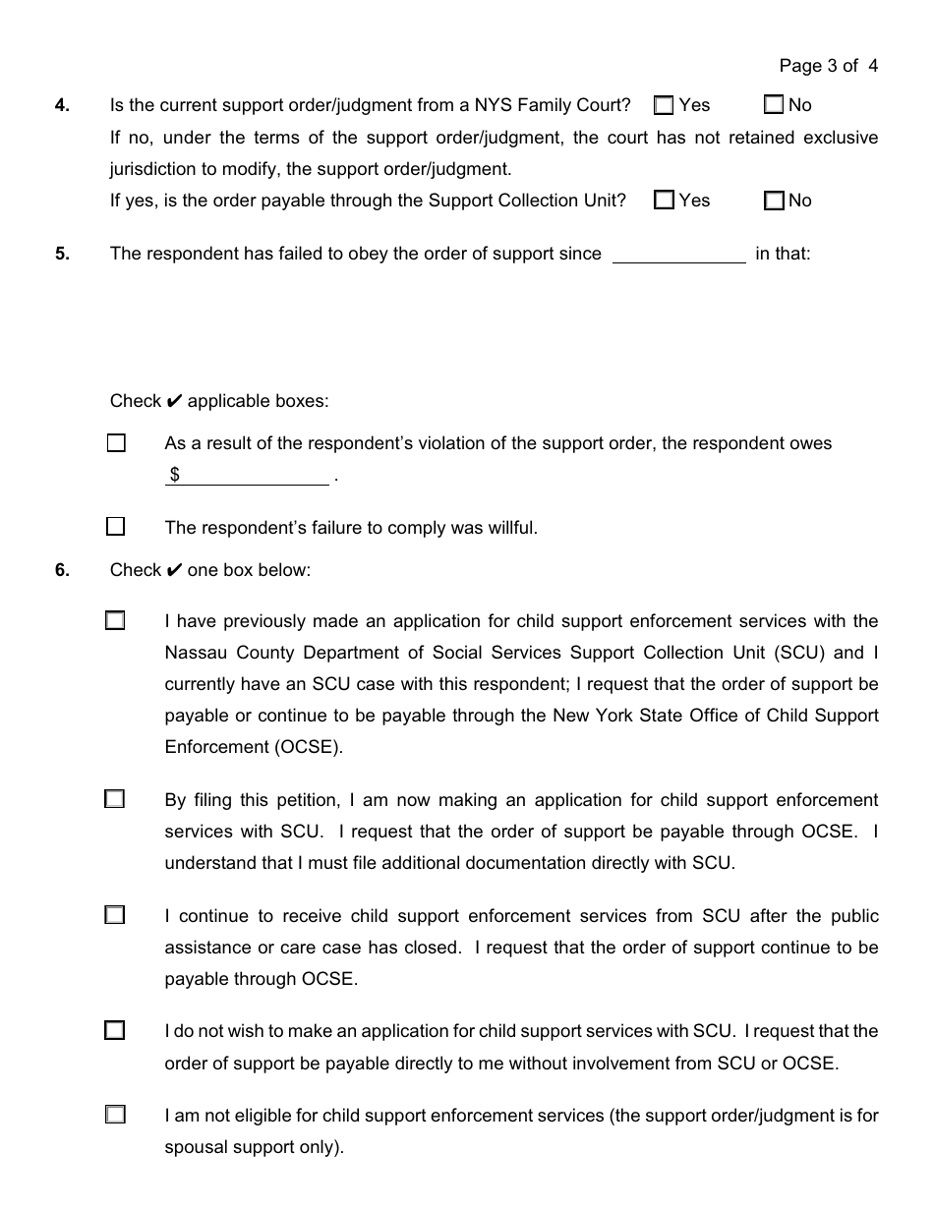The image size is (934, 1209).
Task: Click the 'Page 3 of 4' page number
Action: pos(828,66)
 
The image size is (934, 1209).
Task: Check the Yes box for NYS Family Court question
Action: pos(665,104)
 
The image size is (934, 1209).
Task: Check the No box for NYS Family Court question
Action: pos(774,104)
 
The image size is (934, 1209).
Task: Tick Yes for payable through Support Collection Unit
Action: pos(665,201)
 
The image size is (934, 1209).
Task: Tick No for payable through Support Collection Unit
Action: pos(774,201)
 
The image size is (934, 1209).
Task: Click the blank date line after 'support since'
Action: pos(678,255)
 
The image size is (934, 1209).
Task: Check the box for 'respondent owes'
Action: pos(116,443)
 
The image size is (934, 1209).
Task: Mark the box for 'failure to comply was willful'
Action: pos(116,527)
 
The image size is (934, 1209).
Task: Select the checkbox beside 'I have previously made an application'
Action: pos(116,621)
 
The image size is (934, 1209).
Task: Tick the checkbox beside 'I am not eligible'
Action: pos(116,1115)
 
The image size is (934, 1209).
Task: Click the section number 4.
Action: pos(62,105)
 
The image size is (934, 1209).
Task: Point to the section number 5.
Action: pos(62,254)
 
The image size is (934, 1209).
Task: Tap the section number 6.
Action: pos(62,570)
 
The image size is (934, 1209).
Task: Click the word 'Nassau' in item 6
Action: pos(195,653)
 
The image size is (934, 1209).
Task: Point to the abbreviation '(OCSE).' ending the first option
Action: pos(310,747)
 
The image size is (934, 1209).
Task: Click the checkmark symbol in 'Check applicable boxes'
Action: pos(174,401)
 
